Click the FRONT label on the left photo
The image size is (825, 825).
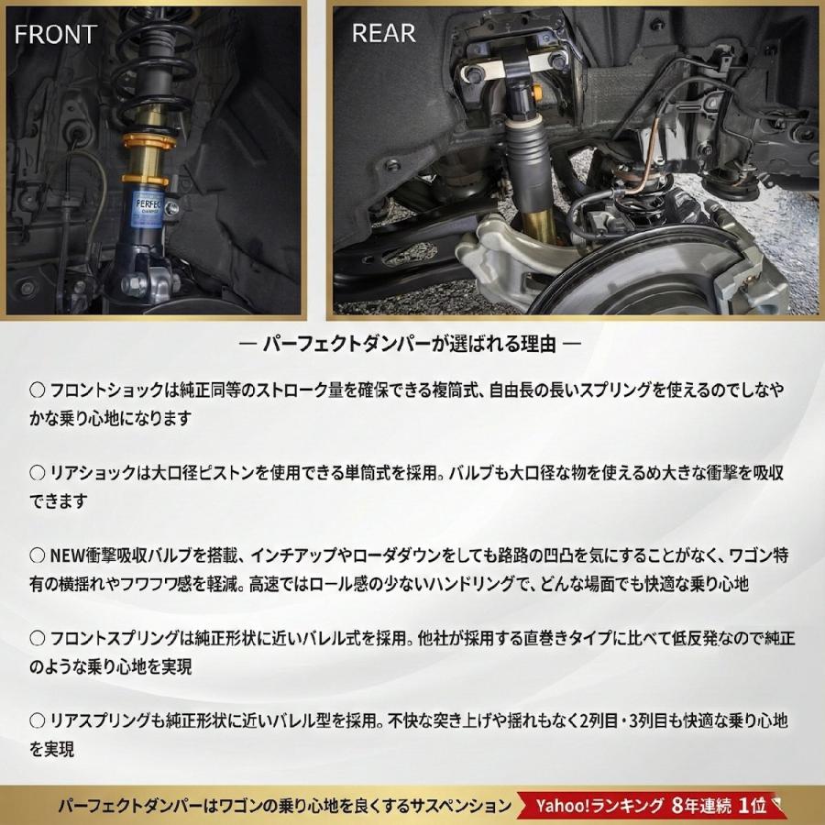point(54,35)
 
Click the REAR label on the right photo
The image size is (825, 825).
point(383,34)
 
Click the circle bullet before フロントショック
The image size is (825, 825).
point(38,390)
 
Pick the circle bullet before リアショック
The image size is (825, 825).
point(38,473)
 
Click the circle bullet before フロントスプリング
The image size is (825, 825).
point(38,638)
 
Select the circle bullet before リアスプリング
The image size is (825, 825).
point(38,720)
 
